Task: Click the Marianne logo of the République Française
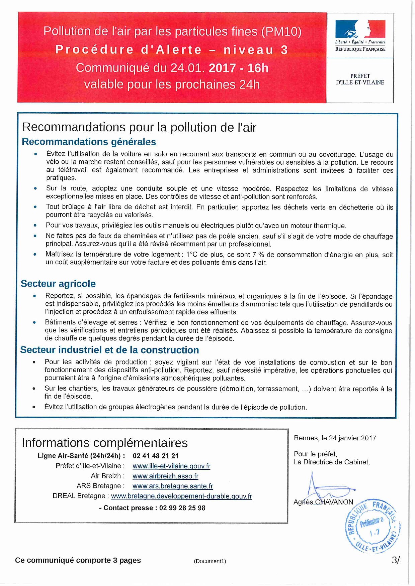360,29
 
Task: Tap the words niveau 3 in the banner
255,50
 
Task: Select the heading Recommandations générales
89,142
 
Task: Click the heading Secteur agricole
58,284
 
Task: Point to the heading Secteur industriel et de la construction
109,350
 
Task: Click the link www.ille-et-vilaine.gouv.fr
171,466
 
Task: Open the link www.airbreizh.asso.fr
165,476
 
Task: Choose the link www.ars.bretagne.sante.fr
173,486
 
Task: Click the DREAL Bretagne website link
181,496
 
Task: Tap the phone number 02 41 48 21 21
156,456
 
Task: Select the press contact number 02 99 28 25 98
182,508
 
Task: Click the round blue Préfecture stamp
372,526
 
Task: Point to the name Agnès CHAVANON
323,502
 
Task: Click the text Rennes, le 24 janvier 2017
335,438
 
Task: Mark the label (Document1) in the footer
210,561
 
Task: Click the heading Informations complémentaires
105,443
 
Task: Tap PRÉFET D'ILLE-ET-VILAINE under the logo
360,79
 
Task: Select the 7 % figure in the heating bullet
258,255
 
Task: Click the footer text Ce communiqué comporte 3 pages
78,560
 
